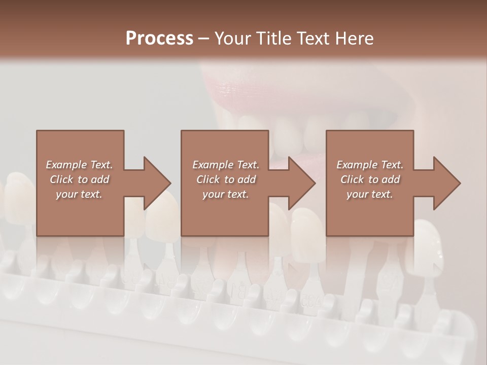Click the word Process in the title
(x=159, y=39)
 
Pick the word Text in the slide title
(x=314, y=39)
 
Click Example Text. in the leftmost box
(x=79, y=165)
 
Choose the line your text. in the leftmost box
(x=79, y=194)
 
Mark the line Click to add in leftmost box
(x=79, y=179)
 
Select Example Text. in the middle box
(x=226, y=165)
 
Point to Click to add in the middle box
(x=226, y=179)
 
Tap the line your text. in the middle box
(x=226, y=194)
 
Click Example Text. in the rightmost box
(x=370, y=165)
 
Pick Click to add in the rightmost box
(x=370, y=179)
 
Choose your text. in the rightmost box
(x=370, y=194)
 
